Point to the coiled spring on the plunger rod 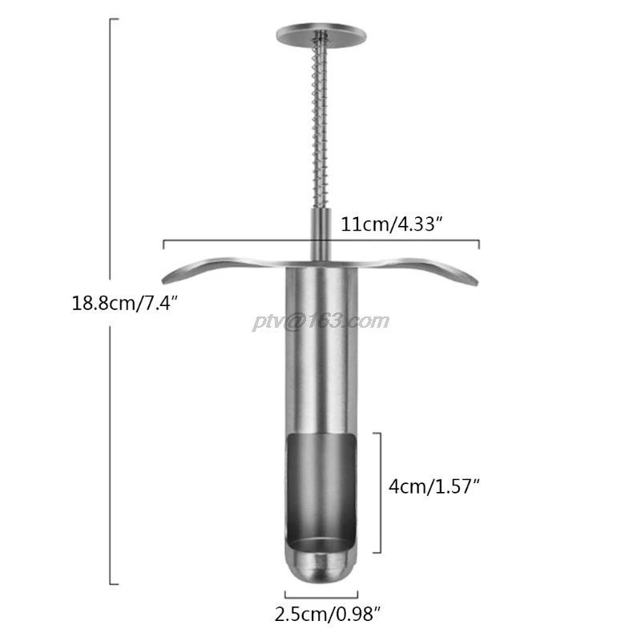(319, 128)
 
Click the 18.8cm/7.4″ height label (124, 304)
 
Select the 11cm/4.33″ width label (392, 224)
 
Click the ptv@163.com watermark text (320, 321)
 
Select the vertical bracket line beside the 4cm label (380, 493)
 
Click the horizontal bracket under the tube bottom (320, 594)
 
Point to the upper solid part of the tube (320, 353)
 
